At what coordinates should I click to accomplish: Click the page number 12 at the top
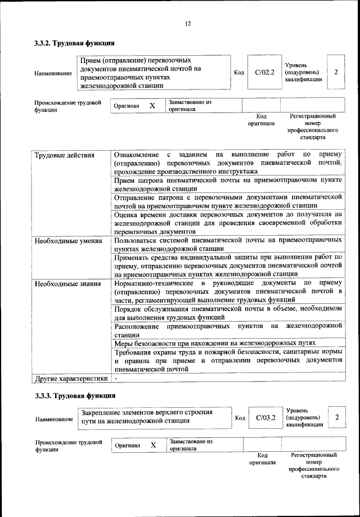click(188, 23)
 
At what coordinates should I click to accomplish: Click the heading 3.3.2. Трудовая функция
click(74, 43)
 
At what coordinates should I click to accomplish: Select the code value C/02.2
click(264, 72)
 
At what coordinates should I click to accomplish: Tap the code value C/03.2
click(264, 417)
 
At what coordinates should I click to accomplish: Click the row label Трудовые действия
click(65, 155)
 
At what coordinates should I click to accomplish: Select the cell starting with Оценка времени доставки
click(228, 222)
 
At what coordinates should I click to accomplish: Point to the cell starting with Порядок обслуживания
click(228, 313)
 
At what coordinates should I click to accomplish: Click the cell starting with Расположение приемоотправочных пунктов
click(228, 330)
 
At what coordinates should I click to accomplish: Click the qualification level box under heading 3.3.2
click(336, 72)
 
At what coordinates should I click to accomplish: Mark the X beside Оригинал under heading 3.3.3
click(152, 445)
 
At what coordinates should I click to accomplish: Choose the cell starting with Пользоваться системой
click(228, 244)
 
